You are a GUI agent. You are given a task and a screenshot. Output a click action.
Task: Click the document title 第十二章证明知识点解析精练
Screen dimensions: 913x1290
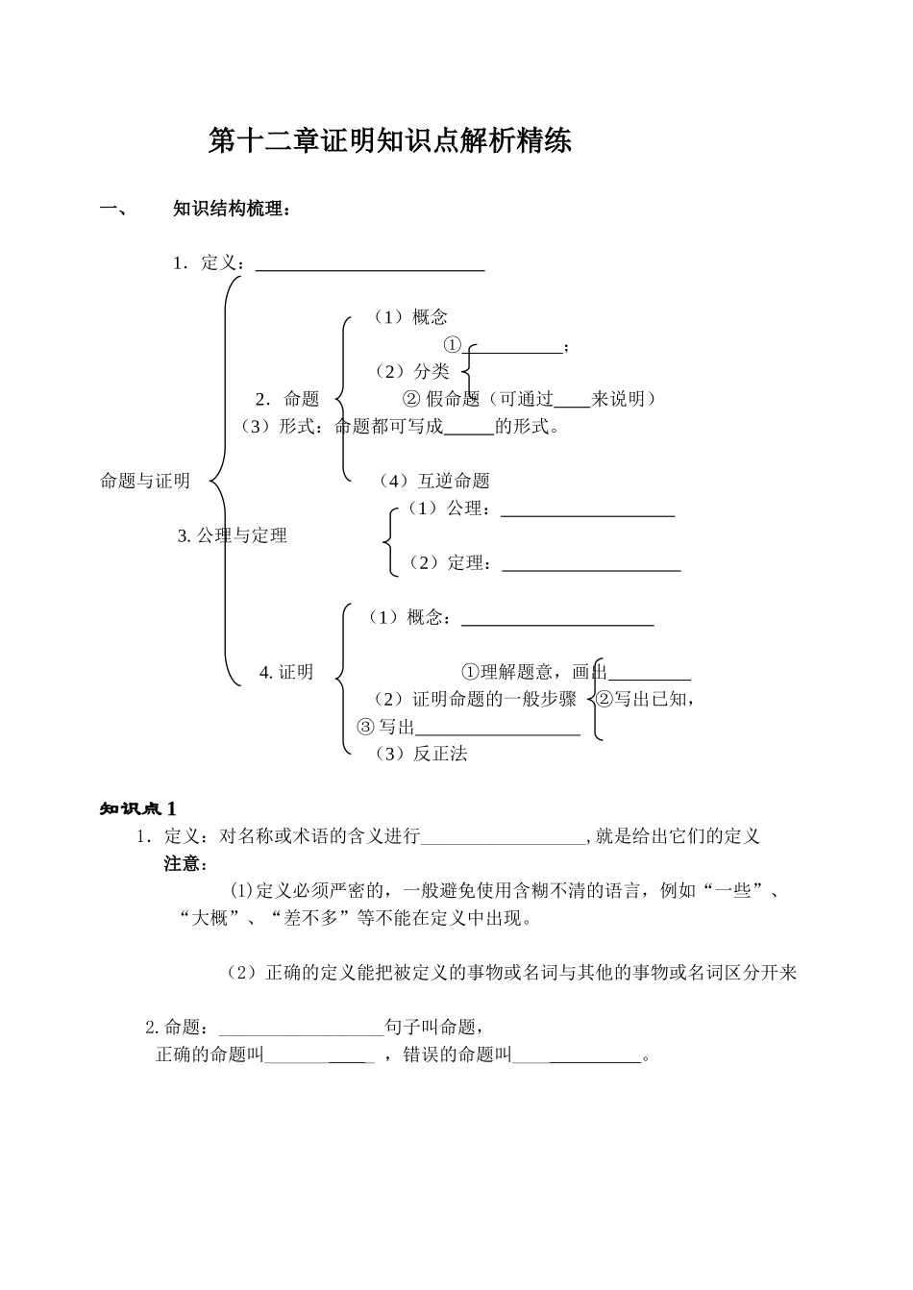pos(390,141)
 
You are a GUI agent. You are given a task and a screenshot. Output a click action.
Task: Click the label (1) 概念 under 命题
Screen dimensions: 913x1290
pos(410,317)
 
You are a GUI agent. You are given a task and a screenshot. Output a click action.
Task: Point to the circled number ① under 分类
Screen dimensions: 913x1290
pos(453,345)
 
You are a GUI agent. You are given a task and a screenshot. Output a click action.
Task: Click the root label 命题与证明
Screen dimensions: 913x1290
pos(145,481)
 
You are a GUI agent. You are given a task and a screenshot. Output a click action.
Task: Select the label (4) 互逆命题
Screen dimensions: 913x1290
pos(434,481)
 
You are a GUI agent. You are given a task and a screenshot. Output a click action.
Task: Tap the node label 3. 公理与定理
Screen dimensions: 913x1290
pos(233,535)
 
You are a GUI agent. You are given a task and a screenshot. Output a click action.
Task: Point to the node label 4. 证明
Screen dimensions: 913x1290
pos(286,672)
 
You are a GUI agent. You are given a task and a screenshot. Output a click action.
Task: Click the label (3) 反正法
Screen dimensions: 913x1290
pos(421,754)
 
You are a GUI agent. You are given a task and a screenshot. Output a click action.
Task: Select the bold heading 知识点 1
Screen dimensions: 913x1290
pos(137,808)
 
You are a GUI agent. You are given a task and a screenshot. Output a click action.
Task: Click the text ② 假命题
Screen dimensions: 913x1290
pos(440,399)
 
